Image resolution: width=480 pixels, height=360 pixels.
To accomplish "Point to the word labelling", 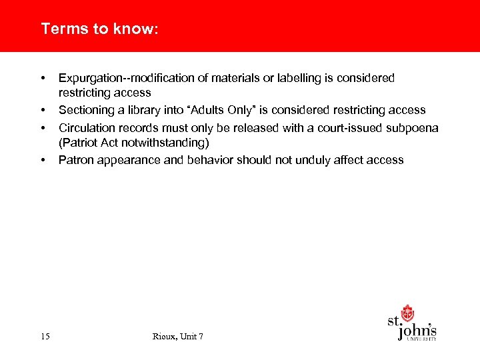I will click(291, 79).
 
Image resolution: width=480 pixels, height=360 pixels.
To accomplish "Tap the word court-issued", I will click(349, 128).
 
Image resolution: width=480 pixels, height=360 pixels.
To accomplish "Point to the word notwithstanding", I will click(162, 143).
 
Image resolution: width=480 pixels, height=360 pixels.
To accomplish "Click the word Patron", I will click(75, 160).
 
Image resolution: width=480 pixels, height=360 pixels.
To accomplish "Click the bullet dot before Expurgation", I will click(43, 79).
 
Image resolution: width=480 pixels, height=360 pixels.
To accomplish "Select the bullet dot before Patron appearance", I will click(43, 160).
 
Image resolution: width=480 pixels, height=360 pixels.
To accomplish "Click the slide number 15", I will click(45, 337).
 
